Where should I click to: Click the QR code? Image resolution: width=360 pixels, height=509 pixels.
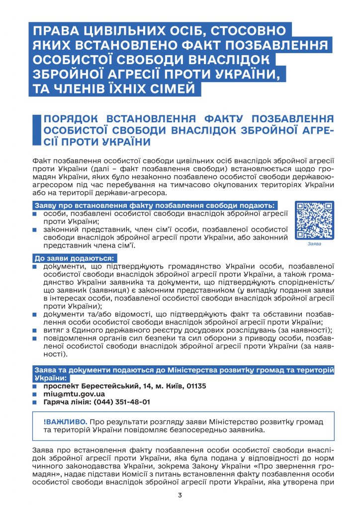pos(314,220)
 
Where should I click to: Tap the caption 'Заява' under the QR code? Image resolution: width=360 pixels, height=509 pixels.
pos(314,244)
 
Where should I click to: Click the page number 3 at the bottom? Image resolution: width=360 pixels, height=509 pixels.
pos(180,495)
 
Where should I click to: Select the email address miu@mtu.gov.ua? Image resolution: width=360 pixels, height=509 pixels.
pos(74,394)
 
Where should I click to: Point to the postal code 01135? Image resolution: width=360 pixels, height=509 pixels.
pos(195,386)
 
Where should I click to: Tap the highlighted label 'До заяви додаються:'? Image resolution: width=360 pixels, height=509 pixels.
pos(74,258)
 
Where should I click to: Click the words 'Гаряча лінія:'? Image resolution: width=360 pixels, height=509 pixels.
pos(64,402)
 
